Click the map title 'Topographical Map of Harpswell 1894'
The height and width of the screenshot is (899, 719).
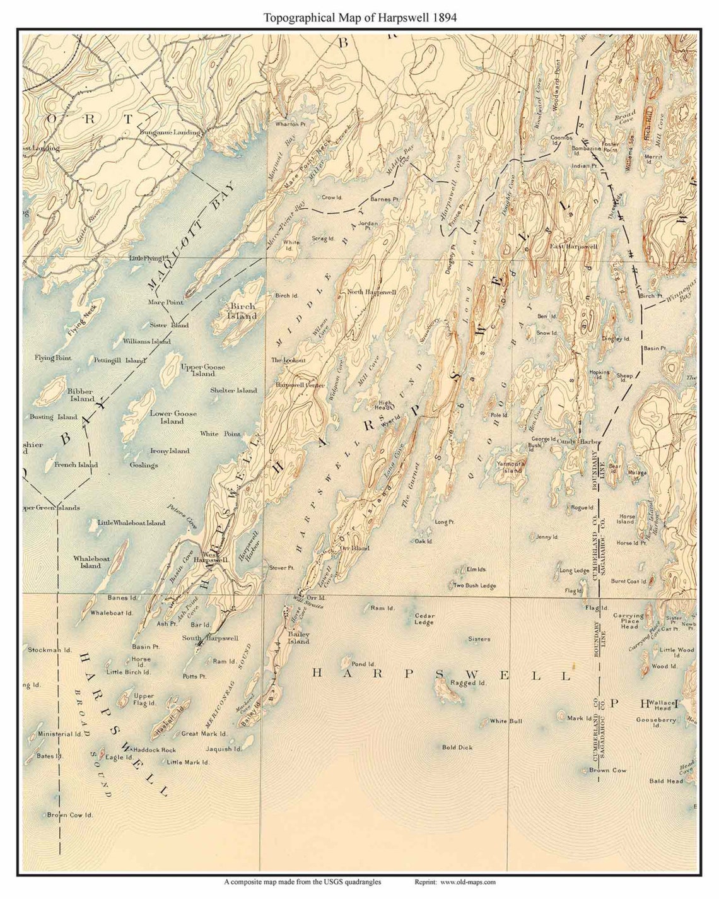[359, 18]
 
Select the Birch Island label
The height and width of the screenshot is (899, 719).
[240, 310]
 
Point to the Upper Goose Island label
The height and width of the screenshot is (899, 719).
[202, 370]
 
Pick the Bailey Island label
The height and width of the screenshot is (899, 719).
[298, 637]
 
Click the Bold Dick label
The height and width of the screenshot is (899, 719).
[457, 748]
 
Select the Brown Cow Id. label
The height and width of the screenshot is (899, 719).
[69, 815]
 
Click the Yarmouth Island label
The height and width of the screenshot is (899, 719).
[511, 466]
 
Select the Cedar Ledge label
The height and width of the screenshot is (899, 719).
[423, 619]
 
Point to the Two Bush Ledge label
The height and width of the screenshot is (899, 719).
[474, 586]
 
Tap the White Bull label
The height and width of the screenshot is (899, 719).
[506, 721]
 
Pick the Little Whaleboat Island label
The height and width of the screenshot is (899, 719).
[131, 522]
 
